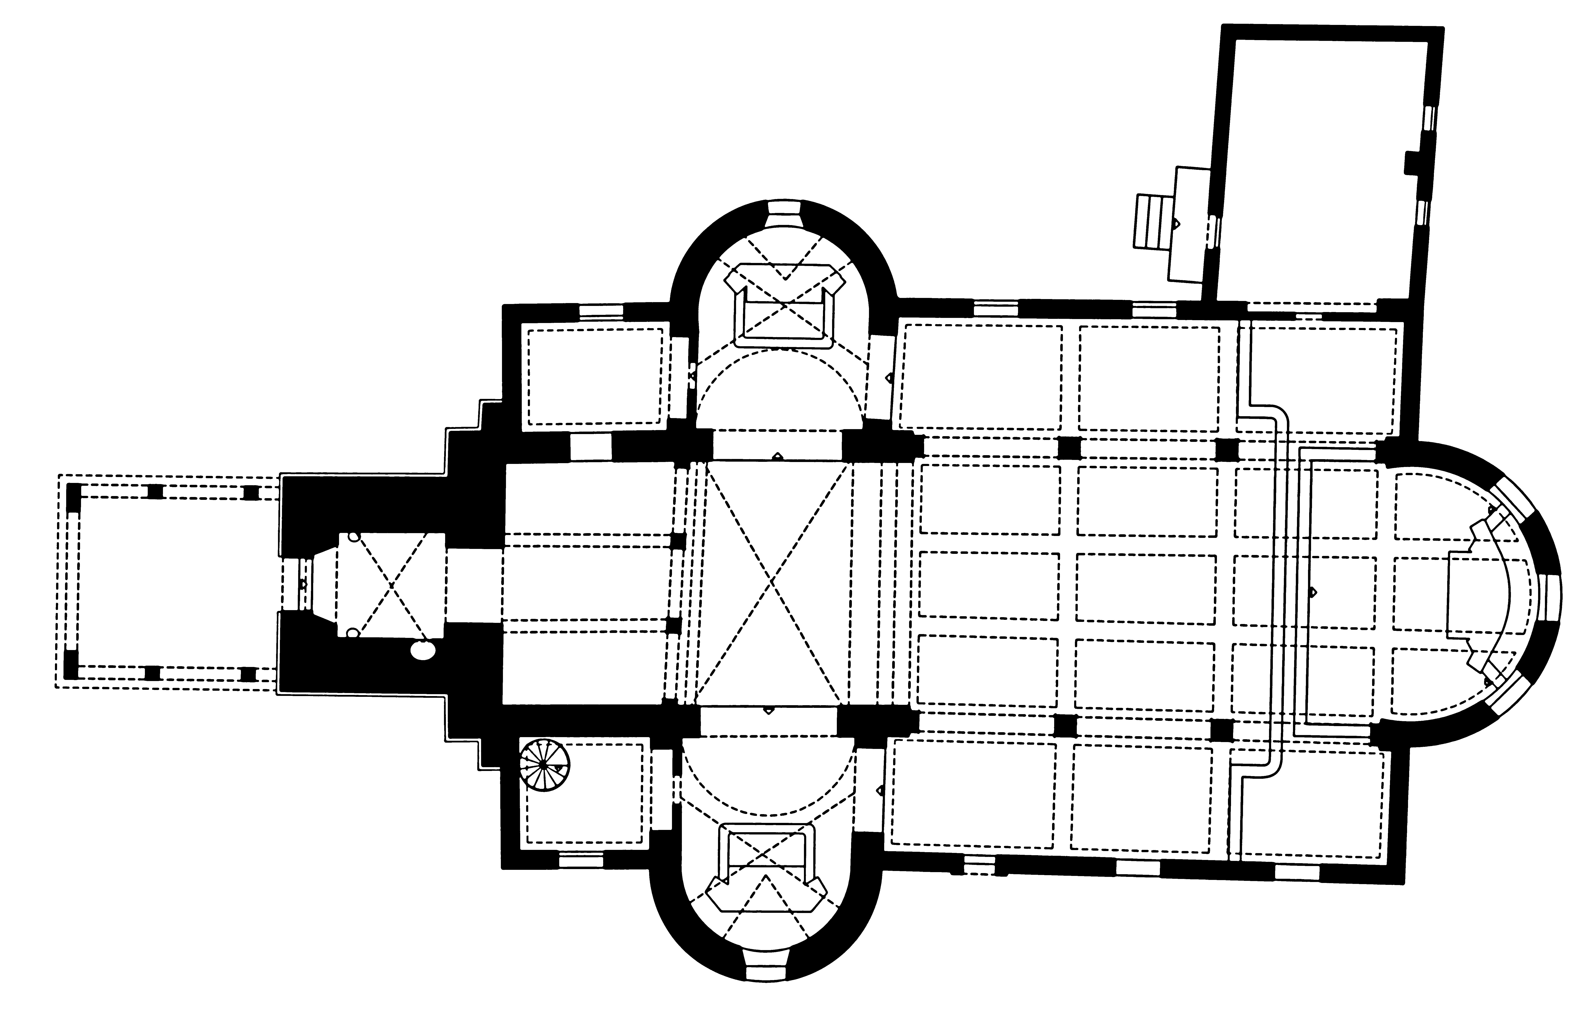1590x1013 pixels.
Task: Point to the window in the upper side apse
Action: [x=784, y=215]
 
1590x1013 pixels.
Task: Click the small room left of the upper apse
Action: [x=596, y=376]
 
